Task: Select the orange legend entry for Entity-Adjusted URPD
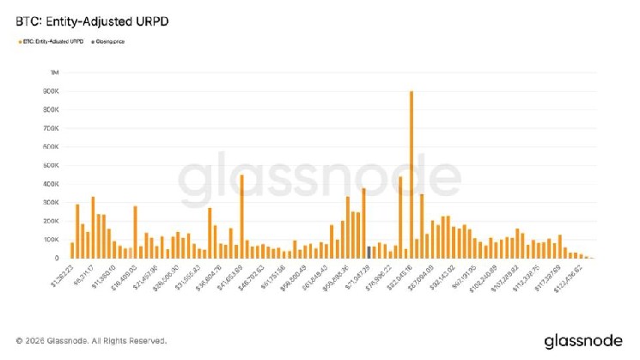tap(48, 40)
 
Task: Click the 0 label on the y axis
tap(56, 259)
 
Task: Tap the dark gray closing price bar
tap(369, 252)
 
